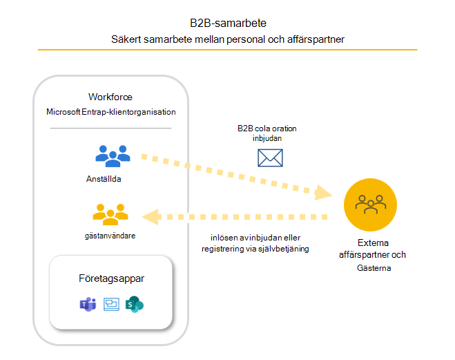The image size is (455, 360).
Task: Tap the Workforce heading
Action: pyautogui.click(x=110, y=97)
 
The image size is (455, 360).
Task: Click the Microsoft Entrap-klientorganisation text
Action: pyautogui.click(x=110, y=112)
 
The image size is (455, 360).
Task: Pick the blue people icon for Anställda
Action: pyautogui.click(x=113, y=155)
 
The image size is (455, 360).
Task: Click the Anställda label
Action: pyautogui.click(x=110, y=178)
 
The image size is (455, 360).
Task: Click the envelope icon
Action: pyautogui.click(x=270, y=158)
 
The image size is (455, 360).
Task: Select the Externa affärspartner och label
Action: pyautogui.click(x=372, y=249)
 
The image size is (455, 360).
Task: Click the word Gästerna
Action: pyautogui.click(x=372, y=267)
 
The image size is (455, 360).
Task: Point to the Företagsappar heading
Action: pyautogui.click(x=111, y=278)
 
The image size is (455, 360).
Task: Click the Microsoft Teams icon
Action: pyautogui.click(x=88, y=304)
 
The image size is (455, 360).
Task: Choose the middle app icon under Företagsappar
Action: pyautogui.click(x=111, y=304)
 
